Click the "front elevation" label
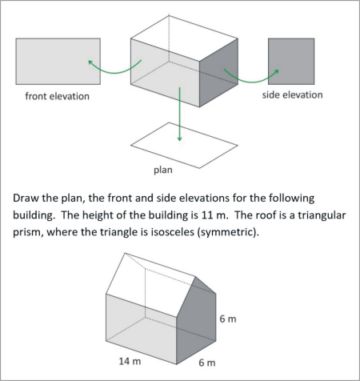pyautogui.click(x=58, y=96)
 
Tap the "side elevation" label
pyautogui.click(x=292, y=95)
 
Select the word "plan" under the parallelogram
pyautogui.click(x=163, y=170)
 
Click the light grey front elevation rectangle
pyautogui.click(x=58, y=62)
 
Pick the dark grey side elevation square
pyautogui.click(x=291, y=62)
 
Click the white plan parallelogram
pyautogui.click(x=184, y=146)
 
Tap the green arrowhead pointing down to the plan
pyautogui.click(x=180, y=138)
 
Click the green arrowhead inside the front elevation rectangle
pyautogui.click(x=90, y=62)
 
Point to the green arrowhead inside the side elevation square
pyautogui.click(x=277, y=71)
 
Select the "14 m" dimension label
pyautogui.click(x=130, y=361)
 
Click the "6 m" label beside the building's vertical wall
pyautogui.click(x=228, y=319)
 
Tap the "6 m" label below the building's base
pyautogui.click(x=207, y=363)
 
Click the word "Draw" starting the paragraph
pyautogui.click(x=26, y=199)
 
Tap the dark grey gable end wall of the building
pyautogui.click(x=196, y=320)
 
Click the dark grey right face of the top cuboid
pyautogui.click(x=218, y=73)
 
